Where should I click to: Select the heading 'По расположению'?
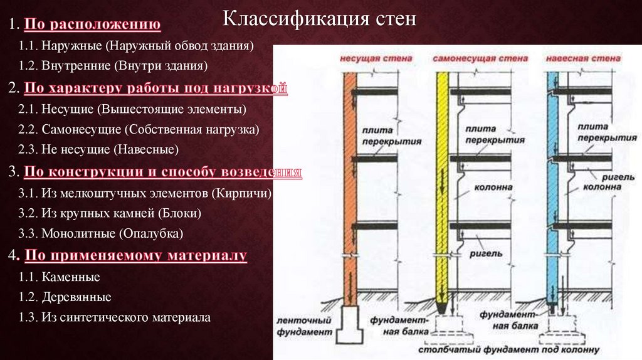coord(93,25)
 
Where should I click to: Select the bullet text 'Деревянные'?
coord(76,297)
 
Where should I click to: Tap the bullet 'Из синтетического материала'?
coord(126,317)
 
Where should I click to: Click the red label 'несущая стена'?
coord(367,58)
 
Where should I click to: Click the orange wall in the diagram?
coord(349,188)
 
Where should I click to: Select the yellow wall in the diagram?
coord(444,188)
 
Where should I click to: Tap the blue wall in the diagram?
coord(552,188)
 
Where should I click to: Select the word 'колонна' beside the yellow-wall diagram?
coord(498,187)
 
